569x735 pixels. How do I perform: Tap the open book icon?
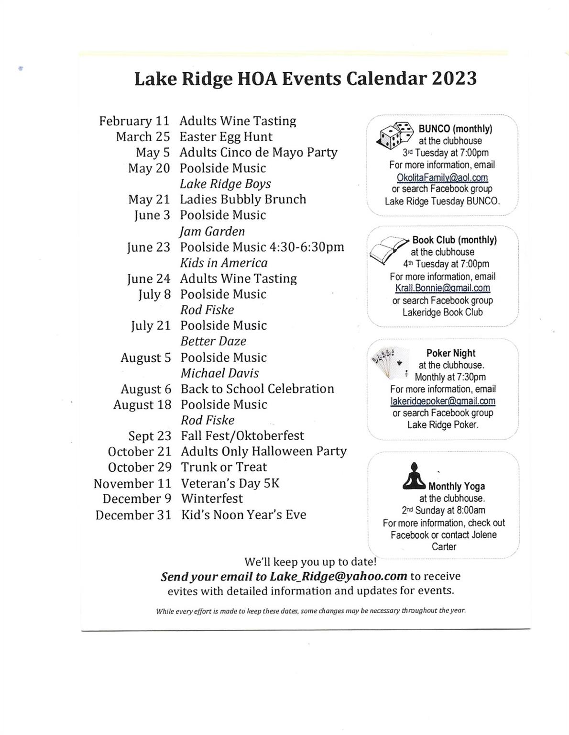click(388, 248)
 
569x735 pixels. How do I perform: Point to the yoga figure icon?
click(414, 476)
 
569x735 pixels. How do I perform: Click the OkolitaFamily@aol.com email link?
click(442, 178)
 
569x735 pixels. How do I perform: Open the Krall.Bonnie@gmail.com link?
click(442, 288)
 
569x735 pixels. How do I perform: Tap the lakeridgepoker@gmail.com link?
click(442, 401)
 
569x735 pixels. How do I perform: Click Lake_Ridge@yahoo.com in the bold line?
click(339, 577)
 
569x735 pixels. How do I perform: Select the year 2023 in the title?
click(454, 78)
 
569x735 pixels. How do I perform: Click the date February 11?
click(134, 121)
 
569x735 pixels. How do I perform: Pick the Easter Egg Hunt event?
click(226, 137)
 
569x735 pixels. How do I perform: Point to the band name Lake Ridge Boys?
click(225, 184)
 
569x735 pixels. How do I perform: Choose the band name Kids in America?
click(224, 263)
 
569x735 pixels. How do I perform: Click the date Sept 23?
click(150, 436)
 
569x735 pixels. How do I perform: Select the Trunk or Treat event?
click(224, 467)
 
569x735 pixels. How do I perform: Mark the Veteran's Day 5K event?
click(230, 483)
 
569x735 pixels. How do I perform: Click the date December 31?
click(133, 515)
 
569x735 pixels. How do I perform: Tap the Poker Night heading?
click(450, 353)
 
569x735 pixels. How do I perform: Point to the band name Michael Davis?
click(219, 373)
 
